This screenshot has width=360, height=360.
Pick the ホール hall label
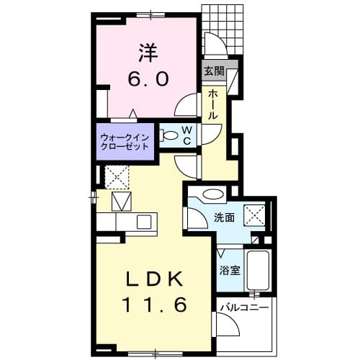214,104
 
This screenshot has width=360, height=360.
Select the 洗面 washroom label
224,217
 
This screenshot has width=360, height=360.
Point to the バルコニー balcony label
245,307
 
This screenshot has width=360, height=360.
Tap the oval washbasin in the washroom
213,194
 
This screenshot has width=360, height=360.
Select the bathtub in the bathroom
257,271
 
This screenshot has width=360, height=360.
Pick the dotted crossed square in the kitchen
117,176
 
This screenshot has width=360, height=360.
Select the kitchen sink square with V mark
120,201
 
